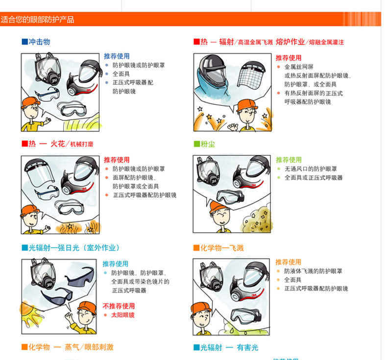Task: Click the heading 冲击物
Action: point(40,42)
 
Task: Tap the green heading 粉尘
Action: point(208,144)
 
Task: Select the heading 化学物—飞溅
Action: point(222,248)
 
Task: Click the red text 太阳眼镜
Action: point(123,315)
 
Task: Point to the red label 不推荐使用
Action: point(119,306)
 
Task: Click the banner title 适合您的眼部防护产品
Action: point(37,19)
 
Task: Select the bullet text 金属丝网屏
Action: point(299,67)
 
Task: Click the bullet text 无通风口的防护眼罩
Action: point(311,169)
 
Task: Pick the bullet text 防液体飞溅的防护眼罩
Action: point(313,271)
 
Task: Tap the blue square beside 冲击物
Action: point(24,42)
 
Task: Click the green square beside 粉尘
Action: point(197,144)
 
